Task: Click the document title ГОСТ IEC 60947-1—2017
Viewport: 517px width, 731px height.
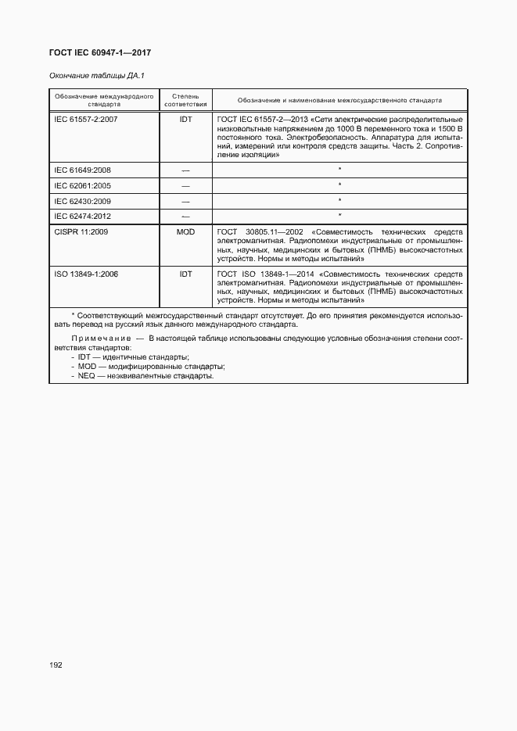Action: point(100,52)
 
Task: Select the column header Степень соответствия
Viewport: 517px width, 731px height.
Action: point(185,100)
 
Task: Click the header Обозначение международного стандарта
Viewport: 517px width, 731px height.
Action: point(104,100)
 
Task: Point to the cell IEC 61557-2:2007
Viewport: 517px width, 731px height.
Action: point(85,119)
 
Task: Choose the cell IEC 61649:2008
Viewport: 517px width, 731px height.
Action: point(82,169)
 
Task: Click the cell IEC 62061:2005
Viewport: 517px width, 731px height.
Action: point(82,185)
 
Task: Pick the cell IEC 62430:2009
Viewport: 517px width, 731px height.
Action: point(82,200)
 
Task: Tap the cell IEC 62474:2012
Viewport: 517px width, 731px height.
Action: point(82,215)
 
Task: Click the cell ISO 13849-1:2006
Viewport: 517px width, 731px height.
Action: point(85,274)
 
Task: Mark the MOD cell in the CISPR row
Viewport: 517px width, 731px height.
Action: point(185,232)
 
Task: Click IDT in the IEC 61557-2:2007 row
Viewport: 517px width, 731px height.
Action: point(185,119)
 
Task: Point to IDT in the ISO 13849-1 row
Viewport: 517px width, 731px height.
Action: point(185,274)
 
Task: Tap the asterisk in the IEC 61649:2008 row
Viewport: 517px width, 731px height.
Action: point(339,169)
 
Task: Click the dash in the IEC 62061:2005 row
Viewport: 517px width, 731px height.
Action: point(185,185)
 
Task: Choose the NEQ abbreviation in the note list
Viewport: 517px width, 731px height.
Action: point(87,375)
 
